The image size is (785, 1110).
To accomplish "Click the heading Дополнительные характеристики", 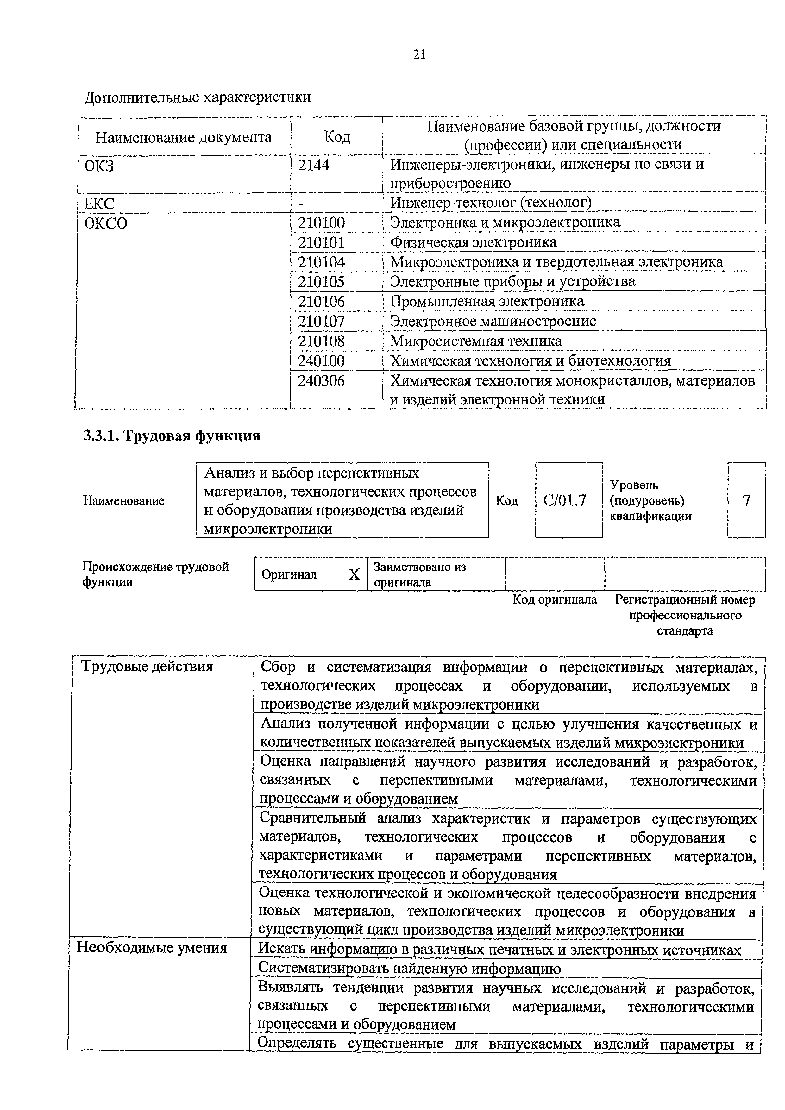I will pyautogui.click(x=197, y=97).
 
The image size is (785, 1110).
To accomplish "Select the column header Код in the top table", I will pyautogui.click(x=336, y=137).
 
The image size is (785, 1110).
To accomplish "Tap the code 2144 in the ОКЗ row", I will pyautogui.click(x=314, y=165).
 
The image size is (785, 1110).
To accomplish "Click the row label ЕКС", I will pyautogui.click(x=100, y=203).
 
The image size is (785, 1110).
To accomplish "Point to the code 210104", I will pyautogui.click(x=322, y=262).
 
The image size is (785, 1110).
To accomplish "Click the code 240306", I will pyautogui.click(x=322, y=381).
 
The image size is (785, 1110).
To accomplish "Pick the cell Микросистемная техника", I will pyautogui.click(x=476, y=341).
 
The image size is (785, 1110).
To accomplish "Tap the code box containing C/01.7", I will pyautogui.click(x=568, y=500).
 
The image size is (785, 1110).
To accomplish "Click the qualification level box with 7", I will pyautogui.click(x=746, y=500).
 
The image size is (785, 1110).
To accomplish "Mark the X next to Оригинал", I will pyautogui.click(x=354, y=574).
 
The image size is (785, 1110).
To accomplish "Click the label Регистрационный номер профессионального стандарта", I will pyautogui.click(x=685, y=615).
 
